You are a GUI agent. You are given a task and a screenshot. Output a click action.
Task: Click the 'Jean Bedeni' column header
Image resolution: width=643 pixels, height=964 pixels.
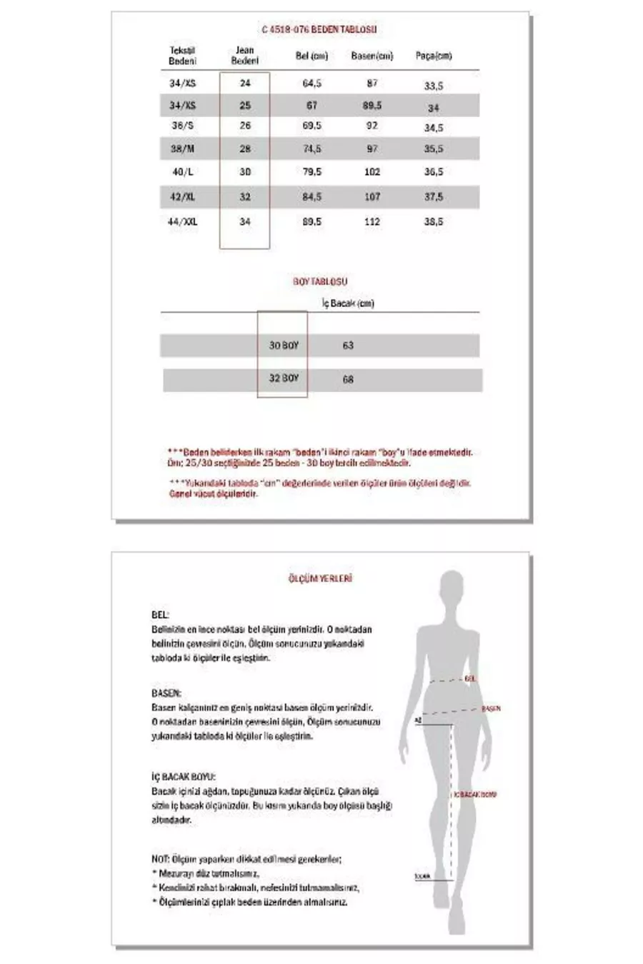[244, 56]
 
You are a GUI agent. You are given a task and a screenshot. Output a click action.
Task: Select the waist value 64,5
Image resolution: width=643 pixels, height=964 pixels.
[312, 84]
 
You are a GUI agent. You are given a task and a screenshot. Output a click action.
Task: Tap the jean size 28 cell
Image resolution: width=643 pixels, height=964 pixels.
[244, 149]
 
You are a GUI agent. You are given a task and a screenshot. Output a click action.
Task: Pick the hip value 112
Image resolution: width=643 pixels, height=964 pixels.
[372, 222]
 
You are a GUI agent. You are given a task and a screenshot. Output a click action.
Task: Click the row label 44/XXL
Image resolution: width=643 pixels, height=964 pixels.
[182, 222]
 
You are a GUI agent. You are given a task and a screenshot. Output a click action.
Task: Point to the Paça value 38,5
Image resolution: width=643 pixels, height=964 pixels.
[434, 222]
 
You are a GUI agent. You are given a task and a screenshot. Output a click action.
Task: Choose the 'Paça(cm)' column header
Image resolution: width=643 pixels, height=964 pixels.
[434, 56]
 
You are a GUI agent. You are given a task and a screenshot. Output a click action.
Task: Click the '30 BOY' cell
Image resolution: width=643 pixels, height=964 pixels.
[284, 346]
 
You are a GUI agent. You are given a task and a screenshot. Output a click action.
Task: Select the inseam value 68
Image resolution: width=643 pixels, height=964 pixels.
[348, 379]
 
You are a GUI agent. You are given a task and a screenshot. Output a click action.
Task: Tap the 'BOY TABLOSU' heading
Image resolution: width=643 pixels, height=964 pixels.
[320, 282]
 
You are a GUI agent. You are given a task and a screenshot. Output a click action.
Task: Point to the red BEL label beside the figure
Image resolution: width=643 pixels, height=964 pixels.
[469, 679]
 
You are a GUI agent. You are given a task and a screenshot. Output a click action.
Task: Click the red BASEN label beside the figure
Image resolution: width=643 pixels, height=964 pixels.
[491, 709]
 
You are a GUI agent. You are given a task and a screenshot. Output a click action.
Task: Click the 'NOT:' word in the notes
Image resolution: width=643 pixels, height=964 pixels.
[159, 858]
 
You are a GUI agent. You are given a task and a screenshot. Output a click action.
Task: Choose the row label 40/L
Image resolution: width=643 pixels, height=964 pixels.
[182, 172]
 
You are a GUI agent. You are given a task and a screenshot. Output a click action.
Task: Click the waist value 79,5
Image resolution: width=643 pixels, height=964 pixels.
[312, 172]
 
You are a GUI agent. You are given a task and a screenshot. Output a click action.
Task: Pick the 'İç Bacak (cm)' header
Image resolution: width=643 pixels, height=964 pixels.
[348, 303]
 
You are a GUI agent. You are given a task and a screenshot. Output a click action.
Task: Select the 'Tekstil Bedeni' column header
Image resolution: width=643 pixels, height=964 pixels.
[182, 56]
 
